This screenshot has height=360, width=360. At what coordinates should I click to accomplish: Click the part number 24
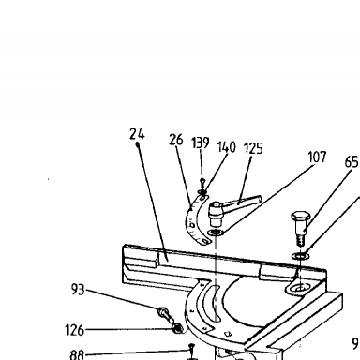click(x=137, y=134)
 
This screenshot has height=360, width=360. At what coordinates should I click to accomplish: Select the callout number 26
click(x=176, y=140)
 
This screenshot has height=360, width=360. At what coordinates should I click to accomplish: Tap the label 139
click(x=201, y=142)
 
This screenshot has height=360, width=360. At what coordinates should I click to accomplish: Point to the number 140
click(x=227, y=147)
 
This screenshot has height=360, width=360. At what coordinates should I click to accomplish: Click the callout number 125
click(x=253, y=148)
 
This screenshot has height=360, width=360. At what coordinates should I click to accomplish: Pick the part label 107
click(x=317, y=157)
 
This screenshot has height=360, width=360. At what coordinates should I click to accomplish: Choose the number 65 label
click(x=352, y=162)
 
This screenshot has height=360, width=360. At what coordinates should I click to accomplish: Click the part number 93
click(x=78, y=290)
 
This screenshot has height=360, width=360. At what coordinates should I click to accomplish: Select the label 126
click(x=75, y=330)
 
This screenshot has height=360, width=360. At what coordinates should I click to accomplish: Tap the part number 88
click(x=77, y=355)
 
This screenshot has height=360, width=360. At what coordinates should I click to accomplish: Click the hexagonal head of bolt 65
click(x=301, y=217)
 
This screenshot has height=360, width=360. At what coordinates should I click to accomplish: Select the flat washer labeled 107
click(x=216, y=232)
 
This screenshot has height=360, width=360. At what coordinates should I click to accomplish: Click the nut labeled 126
click(x=177, y=328)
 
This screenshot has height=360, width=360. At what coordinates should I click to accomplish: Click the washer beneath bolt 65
click(x=301, y=256)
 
